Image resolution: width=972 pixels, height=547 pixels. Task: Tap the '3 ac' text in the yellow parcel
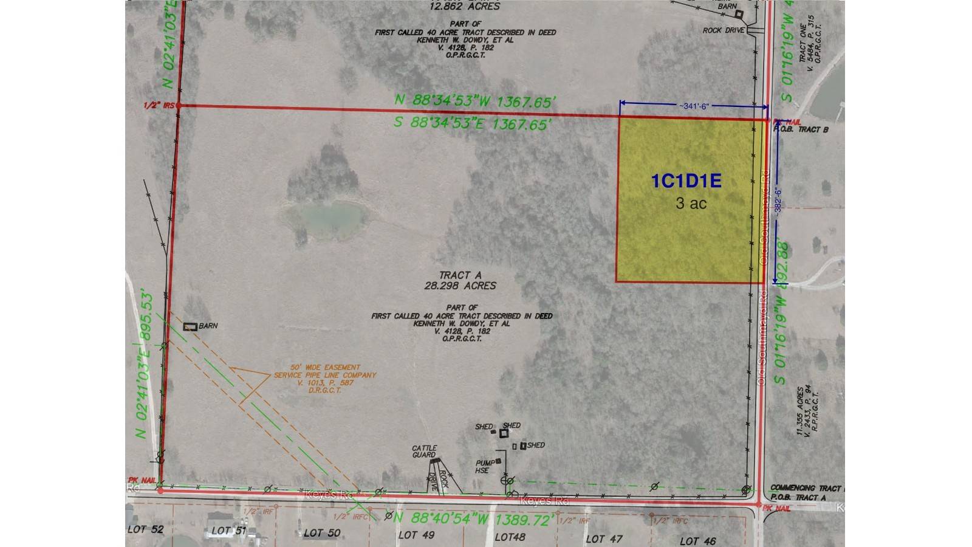tap(691, 203)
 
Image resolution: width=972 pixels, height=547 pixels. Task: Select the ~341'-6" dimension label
tap(694, 106)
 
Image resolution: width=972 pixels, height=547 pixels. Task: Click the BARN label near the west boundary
tap(208, 326)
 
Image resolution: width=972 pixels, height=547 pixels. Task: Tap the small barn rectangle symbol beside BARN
tap(190, 327)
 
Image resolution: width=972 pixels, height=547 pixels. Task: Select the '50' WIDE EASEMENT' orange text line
tap(317, 368)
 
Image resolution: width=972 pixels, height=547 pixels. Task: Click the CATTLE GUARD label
tap(424, 452)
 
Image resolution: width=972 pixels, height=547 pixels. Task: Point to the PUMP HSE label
tap(484, 466)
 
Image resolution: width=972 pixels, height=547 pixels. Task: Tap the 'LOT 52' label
tap(145, 529)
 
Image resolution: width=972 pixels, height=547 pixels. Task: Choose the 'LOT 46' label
tap(697, 540)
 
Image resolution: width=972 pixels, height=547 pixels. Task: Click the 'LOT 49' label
tap(416, 535)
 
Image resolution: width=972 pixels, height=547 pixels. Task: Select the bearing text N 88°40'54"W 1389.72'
tap(474, 520)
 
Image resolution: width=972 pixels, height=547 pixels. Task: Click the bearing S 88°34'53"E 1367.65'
tap(473, 123)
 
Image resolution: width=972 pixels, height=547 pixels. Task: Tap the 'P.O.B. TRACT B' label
tap(801, 129)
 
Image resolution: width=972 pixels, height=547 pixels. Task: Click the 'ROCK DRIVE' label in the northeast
tap(724, 30)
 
